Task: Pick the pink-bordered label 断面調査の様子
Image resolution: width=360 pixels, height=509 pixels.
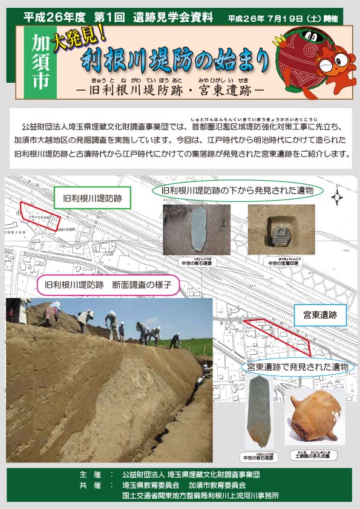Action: (108, 284)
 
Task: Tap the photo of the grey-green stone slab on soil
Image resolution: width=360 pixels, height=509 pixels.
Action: (197, 230)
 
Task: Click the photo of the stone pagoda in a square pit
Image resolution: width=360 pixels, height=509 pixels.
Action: (272, 230)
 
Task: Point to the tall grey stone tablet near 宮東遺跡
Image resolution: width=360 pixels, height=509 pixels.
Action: (258, 411)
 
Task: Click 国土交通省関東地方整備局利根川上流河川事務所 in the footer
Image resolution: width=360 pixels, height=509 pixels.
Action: (200, 494)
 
